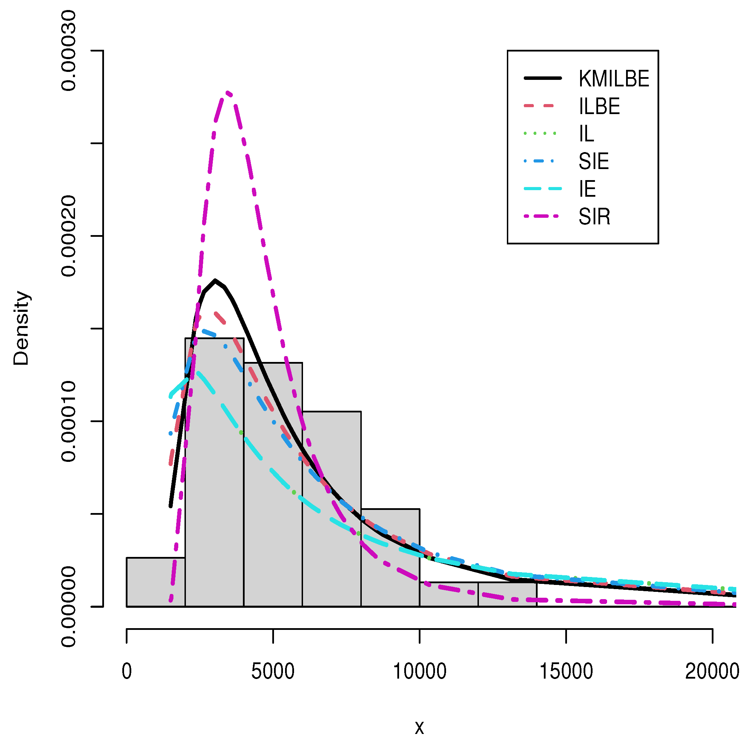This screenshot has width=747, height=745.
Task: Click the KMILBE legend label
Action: (x=614, y=79)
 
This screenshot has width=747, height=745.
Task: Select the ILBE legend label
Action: (x=599, y=106)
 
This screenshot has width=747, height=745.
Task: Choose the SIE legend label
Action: (x=594, y=161)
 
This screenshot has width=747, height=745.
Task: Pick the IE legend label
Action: (x=587, y=189)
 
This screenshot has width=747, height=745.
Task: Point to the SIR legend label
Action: (x=594, y=217)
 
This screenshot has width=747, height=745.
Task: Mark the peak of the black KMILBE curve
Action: (x=215, y=280)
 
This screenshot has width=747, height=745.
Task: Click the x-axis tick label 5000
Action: (x=273, y=682)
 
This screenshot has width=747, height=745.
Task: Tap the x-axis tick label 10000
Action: (x=419, y=682)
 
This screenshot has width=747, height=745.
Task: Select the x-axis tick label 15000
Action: (x=566, y=682)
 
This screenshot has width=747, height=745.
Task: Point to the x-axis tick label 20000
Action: (x=712, y=682)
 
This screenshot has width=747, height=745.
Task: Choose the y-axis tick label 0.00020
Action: (x=69, y=235)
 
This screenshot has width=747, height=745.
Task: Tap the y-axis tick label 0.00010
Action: (x=69, y=421)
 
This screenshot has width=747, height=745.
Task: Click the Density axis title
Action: (x=21, y=328)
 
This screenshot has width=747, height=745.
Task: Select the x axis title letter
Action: (x=419, y=728)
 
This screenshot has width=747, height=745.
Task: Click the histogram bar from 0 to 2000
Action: (x=156, y=582)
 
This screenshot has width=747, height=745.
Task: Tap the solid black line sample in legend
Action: (x=543, y=78)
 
